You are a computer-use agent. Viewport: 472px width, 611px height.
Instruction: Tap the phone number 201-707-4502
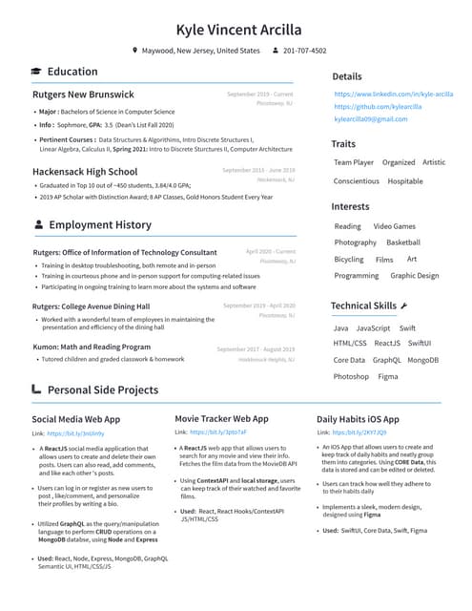[x=304, y=51]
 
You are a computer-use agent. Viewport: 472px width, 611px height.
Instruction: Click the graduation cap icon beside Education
[x=36, y=72]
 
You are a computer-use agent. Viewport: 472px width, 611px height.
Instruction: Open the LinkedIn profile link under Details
[x=393, y=94]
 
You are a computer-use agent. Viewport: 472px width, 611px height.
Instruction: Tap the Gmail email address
[x=370, y=119]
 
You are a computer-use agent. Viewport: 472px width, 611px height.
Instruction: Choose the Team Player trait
[x=353, y=162]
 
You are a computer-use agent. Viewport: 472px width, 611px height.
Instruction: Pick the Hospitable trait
[x=405, y=180]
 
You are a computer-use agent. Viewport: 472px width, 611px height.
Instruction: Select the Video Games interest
[x=394, y=226]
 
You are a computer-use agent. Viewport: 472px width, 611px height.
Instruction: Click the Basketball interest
[x=402, y=242]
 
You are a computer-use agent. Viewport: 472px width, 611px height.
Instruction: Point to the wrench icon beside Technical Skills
[x=404, y=305]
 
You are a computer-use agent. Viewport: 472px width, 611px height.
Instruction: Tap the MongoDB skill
[x=422, y=360]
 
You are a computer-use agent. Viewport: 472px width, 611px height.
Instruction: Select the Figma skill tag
[x=388, y=376]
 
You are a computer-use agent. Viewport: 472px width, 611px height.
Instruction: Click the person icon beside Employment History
[x=37, y=225]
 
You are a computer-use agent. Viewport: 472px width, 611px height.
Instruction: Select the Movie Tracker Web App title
[x=221, y=418]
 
